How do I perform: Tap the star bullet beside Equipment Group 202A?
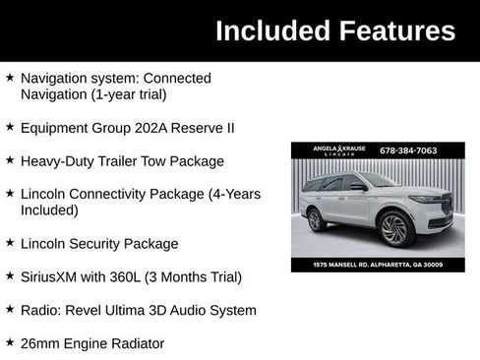point(10,127)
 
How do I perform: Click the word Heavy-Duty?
point(55,160)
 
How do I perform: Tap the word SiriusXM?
point(53,276)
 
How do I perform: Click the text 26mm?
point(40,343)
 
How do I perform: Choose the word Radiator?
point(134,343)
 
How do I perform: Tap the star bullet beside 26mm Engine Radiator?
point(10,342)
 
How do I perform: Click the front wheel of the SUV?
point(393,229)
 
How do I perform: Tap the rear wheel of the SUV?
point(316,220)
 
